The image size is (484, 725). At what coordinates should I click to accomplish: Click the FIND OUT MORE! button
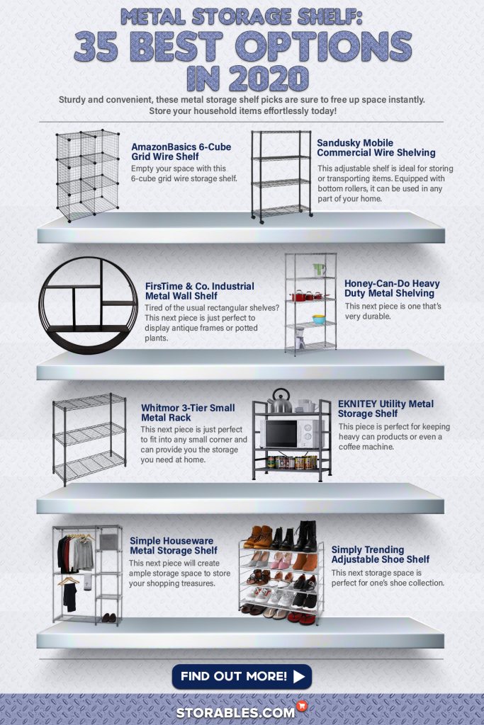pos(242,676)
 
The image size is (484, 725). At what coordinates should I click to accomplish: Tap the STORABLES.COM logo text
pos(235,712)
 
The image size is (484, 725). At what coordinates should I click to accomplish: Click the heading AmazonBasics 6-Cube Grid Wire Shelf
pos(181,152)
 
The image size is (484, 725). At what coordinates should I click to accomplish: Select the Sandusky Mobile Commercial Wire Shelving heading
pos(376,148)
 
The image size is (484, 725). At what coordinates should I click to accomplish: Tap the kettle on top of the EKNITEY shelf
pos(280,401)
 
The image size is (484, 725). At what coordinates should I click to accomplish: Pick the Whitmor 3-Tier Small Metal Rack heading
pos(188,413)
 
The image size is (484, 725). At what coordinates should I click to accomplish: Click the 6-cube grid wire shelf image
pos(87,176)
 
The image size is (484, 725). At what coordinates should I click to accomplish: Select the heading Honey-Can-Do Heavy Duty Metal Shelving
pos(392,289)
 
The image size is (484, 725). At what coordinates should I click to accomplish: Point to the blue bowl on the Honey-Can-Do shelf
pos(318,319)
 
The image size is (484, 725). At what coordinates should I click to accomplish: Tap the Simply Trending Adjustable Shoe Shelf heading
pos(381,554)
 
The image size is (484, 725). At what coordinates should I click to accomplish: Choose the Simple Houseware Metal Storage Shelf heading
pos(174,546)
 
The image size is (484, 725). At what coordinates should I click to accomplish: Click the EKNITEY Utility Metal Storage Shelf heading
pos(385,409)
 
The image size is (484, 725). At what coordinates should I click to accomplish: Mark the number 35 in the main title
pos(96,47)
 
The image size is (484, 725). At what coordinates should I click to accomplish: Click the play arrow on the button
pos(299,676)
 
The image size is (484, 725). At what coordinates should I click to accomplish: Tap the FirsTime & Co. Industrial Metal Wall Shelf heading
pos(199,291)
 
